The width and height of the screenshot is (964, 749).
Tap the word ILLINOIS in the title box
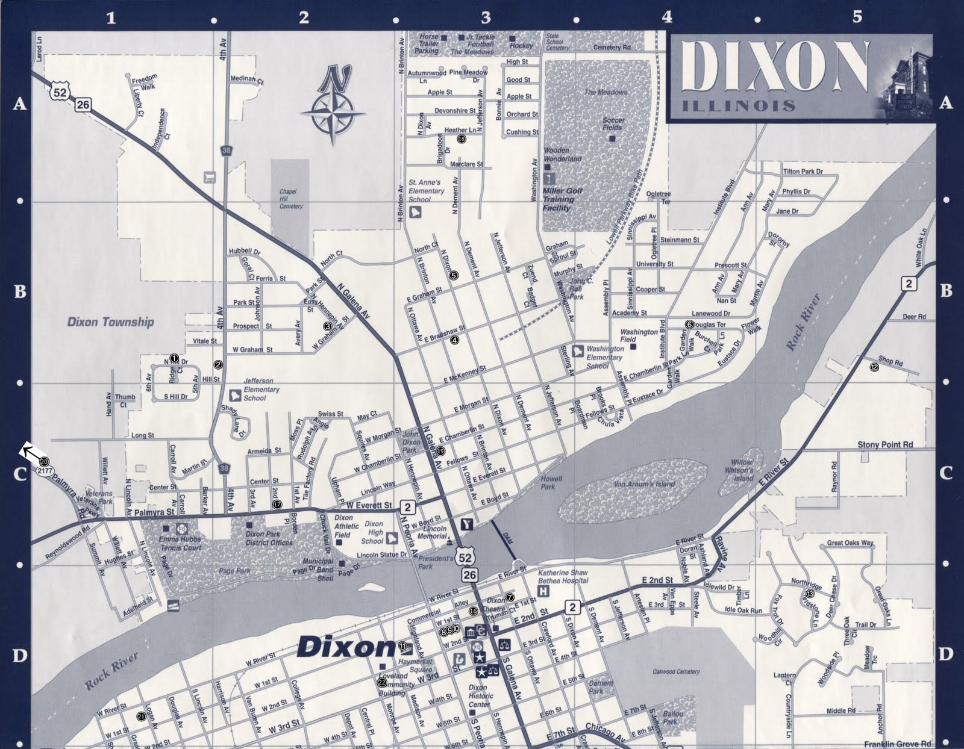click(739, 107)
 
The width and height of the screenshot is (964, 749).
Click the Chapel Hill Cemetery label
click(290, 199)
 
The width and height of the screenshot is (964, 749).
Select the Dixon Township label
click(110, 322)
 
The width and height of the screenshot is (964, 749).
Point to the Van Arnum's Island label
click(644, 484)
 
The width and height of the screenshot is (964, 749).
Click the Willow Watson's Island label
click(739, 470)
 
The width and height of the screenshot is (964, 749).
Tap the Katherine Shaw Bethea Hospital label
click(563, 577)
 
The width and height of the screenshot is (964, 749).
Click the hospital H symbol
click(543, 591)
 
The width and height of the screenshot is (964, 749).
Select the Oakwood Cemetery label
click(676, 671)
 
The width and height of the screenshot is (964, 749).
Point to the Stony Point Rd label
click(884, 444)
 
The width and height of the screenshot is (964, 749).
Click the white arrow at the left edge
click(29, 451)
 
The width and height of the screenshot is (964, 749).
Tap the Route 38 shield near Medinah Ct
click(226, 151)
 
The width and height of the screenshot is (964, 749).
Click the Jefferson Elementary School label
click(261, 390)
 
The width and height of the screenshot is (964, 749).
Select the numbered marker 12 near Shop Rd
click(874, 367)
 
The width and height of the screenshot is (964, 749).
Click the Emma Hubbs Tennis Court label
click(180, 544)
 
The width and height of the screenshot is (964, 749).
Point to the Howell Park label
click(551, 483)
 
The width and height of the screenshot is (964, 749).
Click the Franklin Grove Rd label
click(897, 744)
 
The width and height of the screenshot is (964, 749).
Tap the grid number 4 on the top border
click(667, 17)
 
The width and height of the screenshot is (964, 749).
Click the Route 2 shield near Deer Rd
click(909, 284)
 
